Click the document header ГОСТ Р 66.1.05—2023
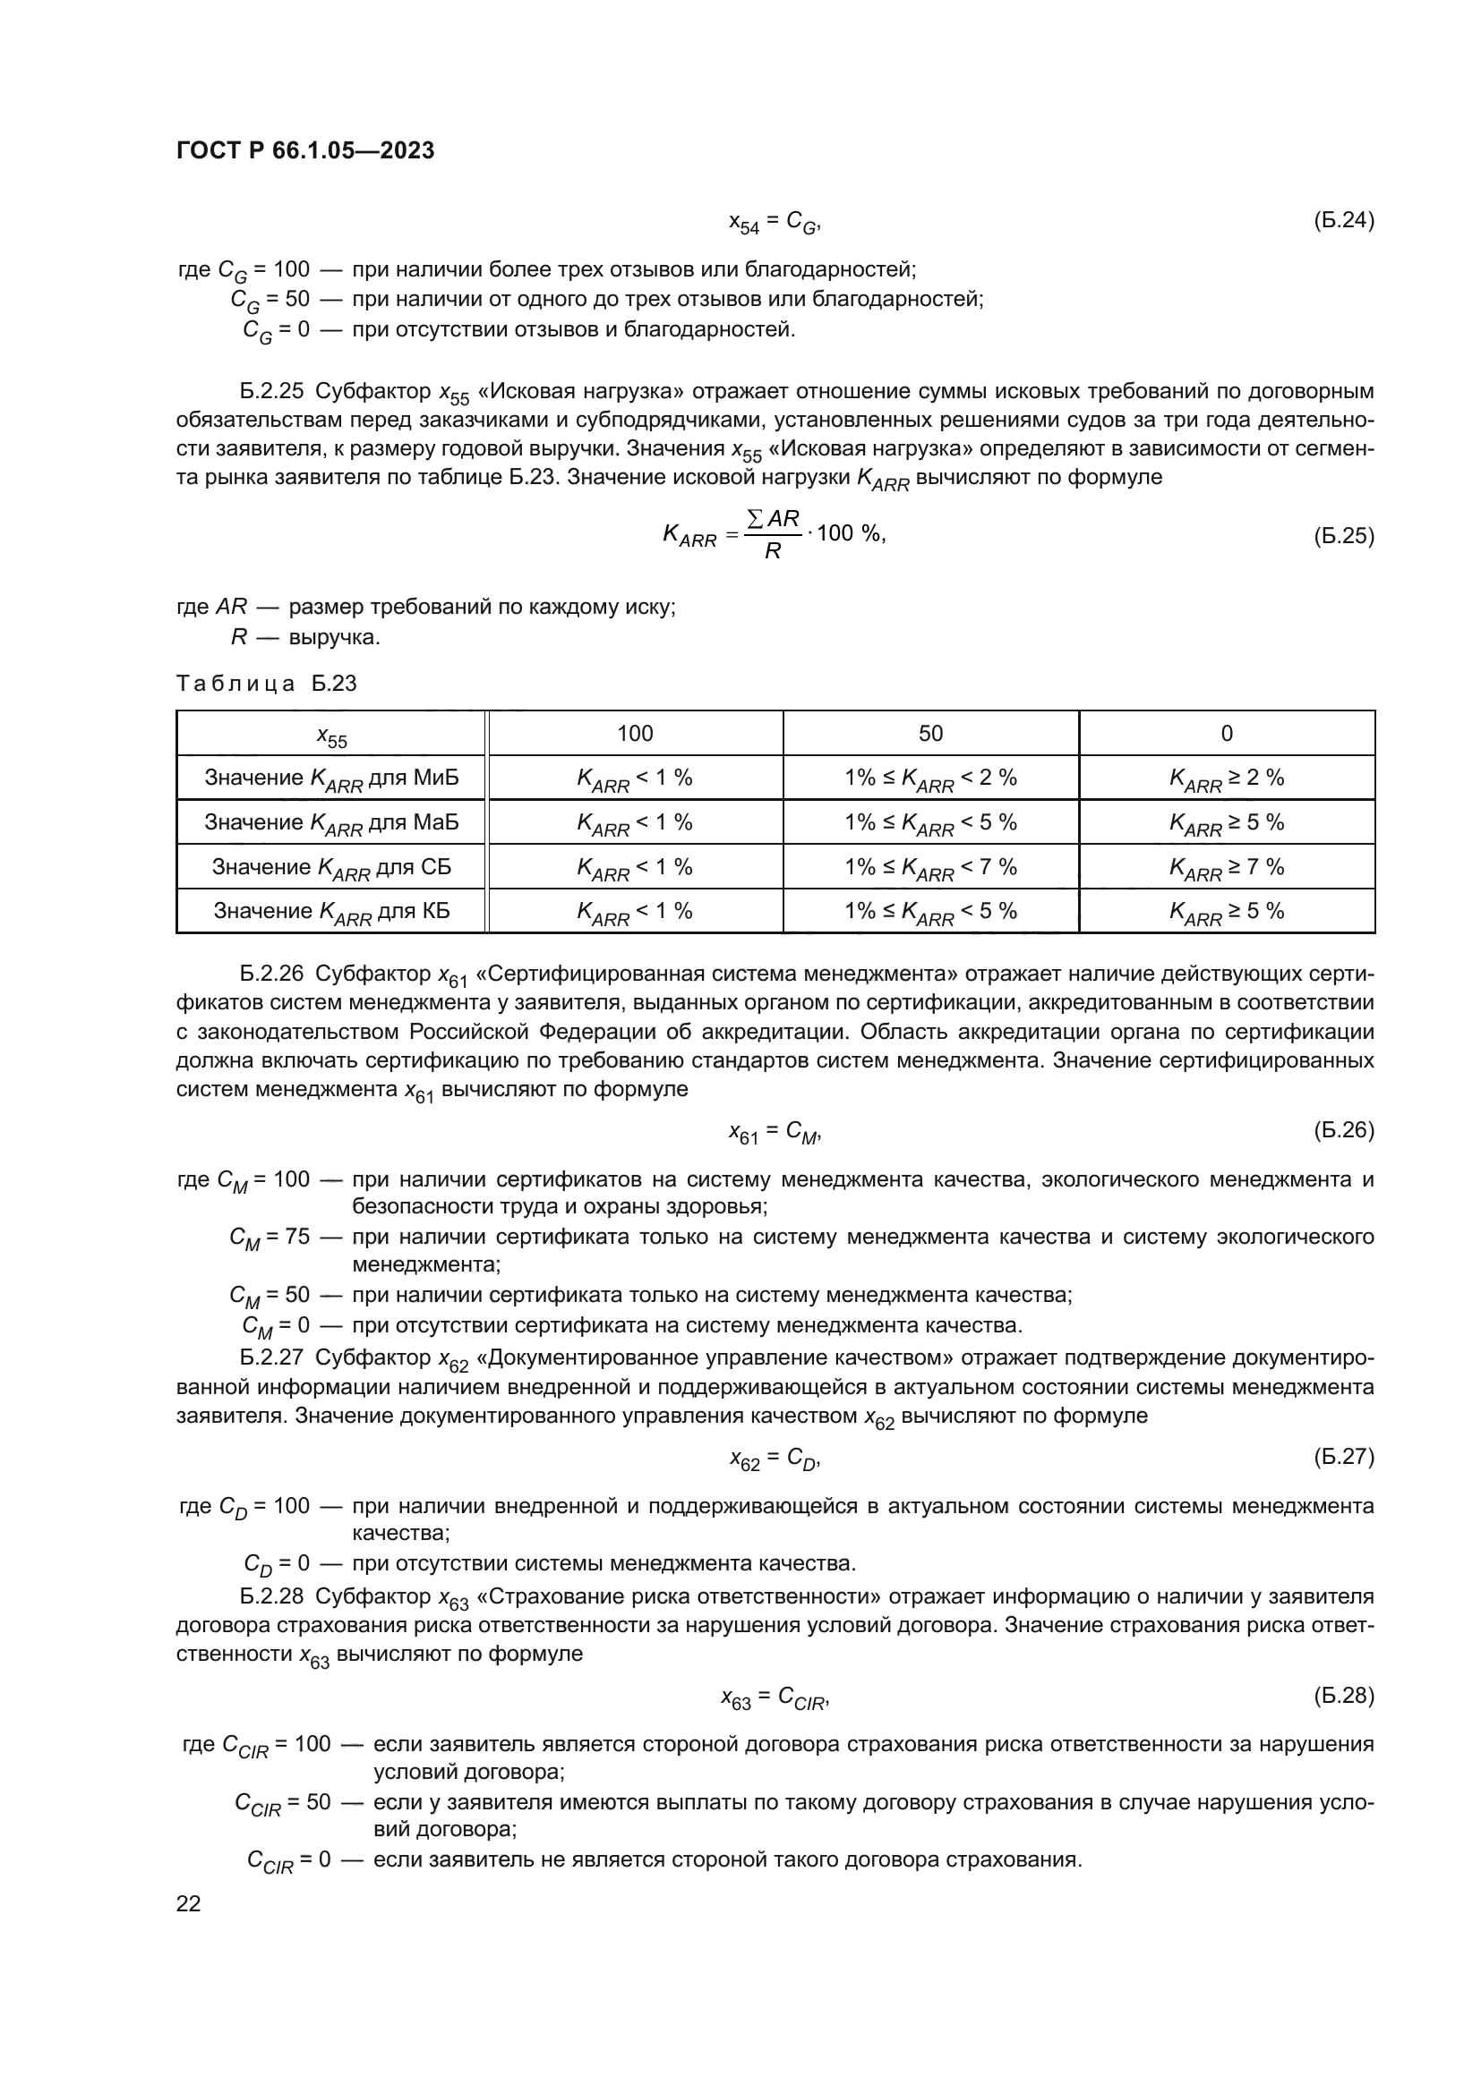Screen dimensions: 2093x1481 click(x=304, y=151)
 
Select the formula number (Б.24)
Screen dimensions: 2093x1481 click(x=1342, y=221)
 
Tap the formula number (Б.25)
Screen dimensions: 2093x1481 click(x=1342, y=536)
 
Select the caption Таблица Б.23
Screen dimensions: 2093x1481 click(x=266, y=684)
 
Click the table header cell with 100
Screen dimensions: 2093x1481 click(x=635, y=734)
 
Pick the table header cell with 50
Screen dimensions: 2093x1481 click(x=930, y=734)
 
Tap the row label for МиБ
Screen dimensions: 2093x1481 click(x=331, y=778)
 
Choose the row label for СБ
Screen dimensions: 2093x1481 click(x=331, y=867)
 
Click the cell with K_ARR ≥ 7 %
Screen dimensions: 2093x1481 click(x=1226, y=867)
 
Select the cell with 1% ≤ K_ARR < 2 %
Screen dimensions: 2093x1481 click(x=930, y=778)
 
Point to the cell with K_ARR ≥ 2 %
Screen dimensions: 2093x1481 click(x=1226, y=778)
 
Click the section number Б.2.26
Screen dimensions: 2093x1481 click(x=270, y=974)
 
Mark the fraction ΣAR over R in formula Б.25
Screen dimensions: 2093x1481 click(x=773, y=535)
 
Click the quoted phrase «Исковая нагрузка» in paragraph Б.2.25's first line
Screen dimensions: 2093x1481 click(x=581, y=392)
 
